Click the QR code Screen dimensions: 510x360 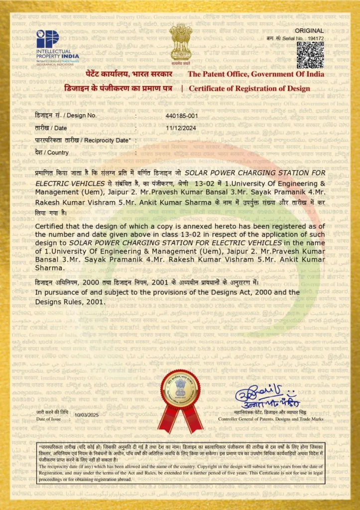coord(310,55)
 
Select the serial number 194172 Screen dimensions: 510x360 coord(316,38)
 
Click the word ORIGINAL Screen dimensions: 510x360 coord(313,30)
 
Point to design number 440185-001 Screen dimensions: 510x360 coord(182,116)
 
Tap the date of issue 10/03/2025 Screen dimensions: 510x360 coord(87,414)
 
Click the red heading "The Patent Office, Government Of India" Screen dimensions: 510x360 coord(255,74)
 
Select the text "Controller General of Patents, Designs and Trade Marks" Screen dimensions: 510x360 coord(271,420)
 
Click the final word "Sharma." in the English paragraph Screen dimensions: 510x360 coord(49,267)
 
